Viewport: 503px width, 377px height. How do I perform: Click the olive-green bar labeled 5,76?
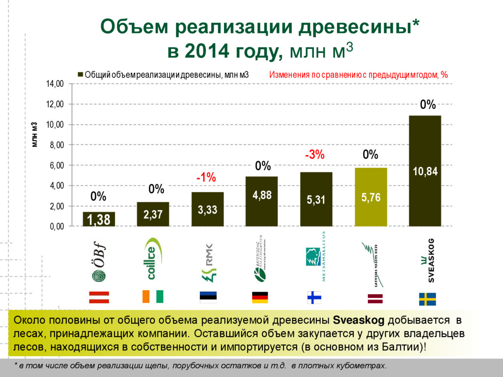[x=371, y=197]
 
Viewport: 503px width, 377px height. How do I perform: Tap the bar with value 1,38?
[x=99, y=219]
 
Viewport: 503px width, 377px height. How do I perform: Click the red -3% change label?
[x=314, y=155]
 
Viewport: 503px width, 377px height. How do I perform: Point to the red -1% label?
[x=206, y=178]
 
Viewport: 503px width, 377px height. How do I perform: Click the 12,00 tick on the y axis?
[x=55, y=104]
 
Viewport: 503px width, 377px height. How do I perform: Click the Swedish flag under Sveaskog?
[x=427, y=298]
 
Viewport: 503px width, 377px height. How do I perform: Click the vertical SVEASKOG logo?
[x=426, y=260]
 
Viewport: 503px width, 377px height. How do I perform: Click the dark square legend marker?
[x=81, y=75]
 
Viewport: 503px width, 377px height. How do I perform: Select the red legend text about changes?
[x=358, y=75]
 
